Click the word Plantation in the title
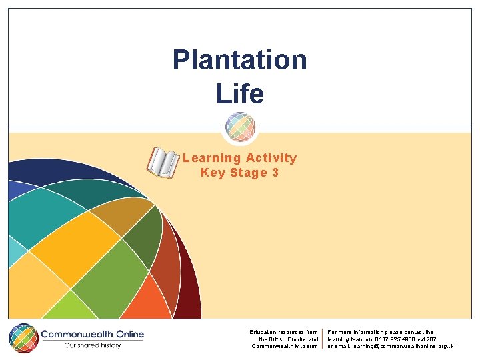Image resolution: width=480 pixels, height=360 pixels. (x=239, y=60)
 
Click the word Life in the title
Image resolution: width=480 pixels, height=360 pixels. (x=240, y=93)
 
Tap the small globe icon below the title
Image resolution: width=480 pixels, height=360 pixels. (x=240, y=127)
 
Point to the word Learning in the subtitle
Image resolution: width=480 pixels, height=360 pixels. (x=211, y=158)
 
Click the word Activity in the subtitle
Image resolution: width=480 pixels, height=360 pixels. (x=271, y=158)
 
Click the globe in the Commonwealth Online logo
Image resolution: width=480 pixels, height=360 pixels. (x=23, y=337)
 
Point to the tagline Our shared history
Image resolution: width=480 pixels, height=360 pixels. (x=93, y=345)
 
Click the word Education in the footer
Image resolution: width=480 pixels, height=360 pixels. (x=264, y=332)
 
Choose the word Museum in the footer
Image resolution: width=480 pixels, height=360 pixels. (x=307, y=346)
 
